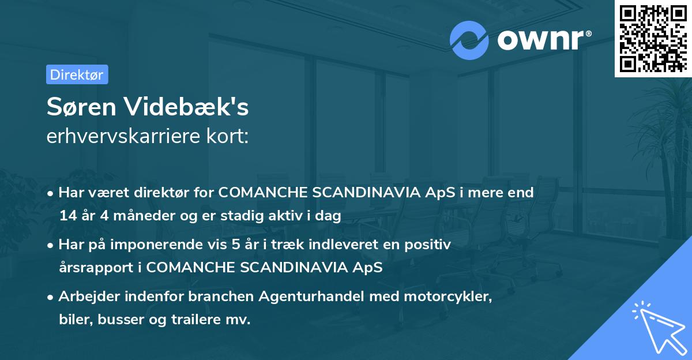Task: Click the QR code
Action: point(653,39)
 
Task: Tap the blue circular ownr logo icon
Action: point(469,40)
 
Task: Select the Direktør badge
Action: point(77,74)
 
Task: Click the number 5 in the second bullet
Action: point(236,244)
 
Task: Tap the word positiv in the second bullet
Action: point(431,244)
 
